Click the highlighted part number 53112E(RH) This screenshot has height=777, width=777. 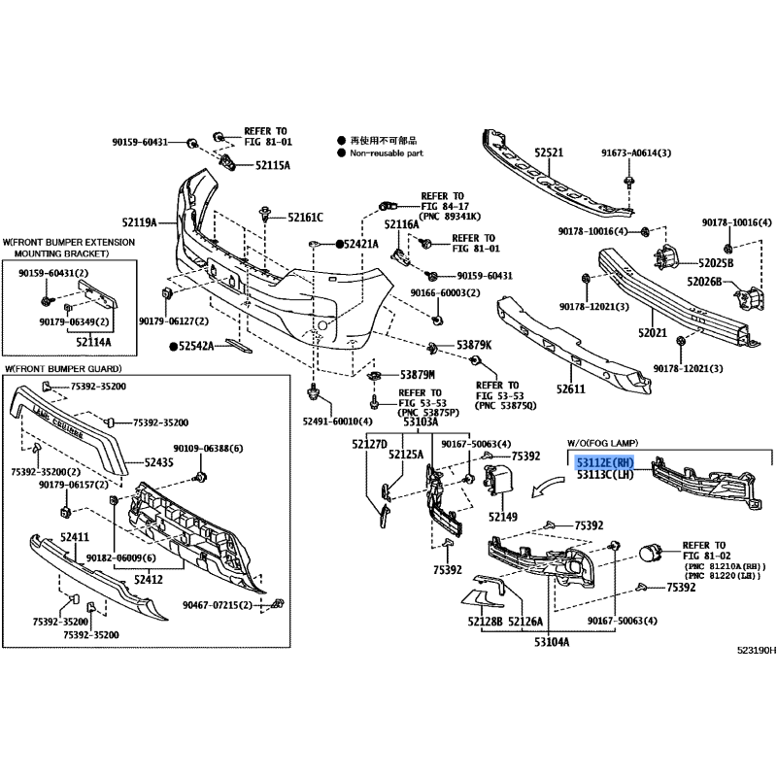pos(605,464)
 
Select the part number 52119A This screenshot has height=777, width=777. pos(139,221)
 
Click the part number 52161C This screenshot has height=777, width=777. pos(305,217)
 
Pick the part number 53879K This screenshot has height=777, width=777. pos(474,346)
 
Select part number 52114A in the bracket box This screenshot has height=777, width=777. pos(93,342)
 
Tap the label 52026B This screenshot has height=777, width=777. pos(706,282)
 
